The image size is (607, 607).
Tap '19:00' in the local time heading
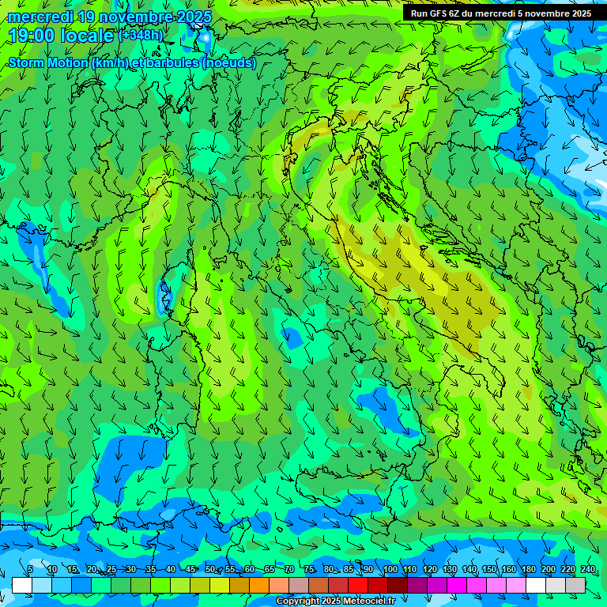click(29, 36)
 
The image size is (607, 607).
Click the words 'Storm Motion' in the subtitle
click(47, 62)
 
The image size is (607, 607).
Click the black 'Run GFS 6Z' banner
click(500, 13)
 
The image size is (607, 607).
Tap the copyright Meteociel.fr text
click(336, 601)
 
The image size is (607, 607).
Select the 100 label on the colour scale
click(390, 569)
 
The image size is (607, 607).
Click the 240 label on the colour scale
click(588, 569)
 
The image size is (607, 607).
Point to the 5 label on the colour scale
click(30, 569)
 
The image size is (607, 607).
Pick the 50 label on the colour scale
click(209, 569)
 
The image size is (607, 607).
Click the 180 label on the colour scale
click(529, 569)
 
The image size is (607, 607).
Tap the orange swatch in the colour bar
click(259, 585)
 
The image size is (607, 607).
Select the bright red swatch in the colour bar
click(358, 585)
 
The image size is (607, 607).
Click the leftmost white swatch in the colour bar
click(22, 585)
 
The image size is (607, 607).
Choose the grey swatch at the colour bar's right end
click(575, 585)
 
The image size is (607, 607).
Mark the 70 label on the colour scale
click(290, 569)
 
